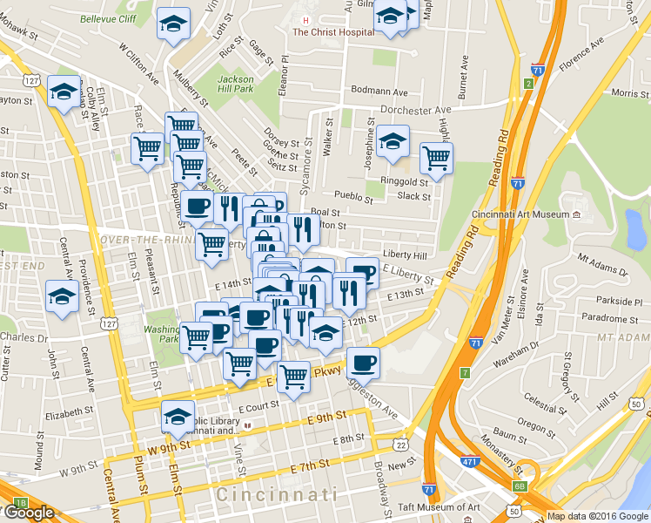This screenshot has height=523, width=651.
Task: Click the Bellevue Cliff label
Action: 107,18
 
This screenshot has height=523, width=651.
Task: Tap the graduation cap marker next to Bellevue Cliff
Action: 174,24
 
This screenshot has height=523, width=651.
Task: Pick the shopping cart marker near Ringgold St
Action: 436,159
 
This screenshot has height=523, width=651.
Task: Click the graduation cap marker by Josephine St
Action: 393,141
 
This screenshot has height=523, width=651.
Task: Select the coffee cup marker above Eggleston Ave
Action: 363,362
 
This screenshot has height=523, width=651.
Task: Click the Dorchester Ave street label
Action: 419,110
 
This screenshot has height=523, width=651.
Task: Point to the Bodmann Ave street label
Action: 379,92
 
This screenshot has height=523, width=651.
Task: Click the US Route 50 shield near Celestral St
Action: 638,404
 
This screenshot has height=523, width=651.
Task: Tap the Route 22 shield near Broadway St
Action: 401,445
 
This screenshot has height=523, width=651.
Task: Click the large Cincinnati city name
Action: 277,494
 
